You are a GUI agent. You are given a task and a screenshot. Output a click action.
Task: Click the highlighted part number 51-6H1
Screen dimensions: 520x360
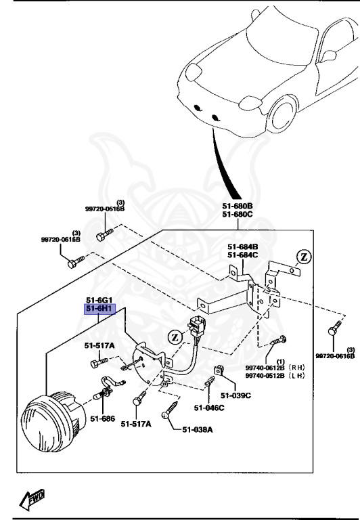(x=99, y=309)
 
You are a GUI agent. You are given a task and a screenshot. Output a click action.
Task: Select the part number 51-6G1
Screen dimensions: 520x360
(x=99, y=300)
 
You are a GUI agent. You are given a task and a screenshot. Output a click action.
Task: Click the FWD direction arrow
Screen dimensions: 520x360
(x=32, y=500)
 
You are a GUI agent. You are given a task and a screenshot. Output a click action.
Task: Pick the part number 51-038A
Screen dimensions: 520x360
(x=197, y=429)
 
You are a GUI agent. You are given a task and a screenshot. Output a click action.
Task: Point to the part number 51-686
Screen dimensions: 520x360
(x=102, y=418)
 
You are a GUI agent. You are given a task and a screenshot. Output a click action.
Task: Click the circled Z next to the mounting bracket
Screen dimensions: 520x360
(x=305, y=257)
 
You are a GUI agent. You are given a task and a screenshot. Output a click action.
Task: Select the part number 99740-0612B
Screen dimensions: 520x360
(x=266, y=368)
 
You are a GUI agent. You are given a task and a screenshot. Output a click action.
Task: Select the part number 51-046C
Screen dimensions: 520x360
(x=208, y=408)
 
